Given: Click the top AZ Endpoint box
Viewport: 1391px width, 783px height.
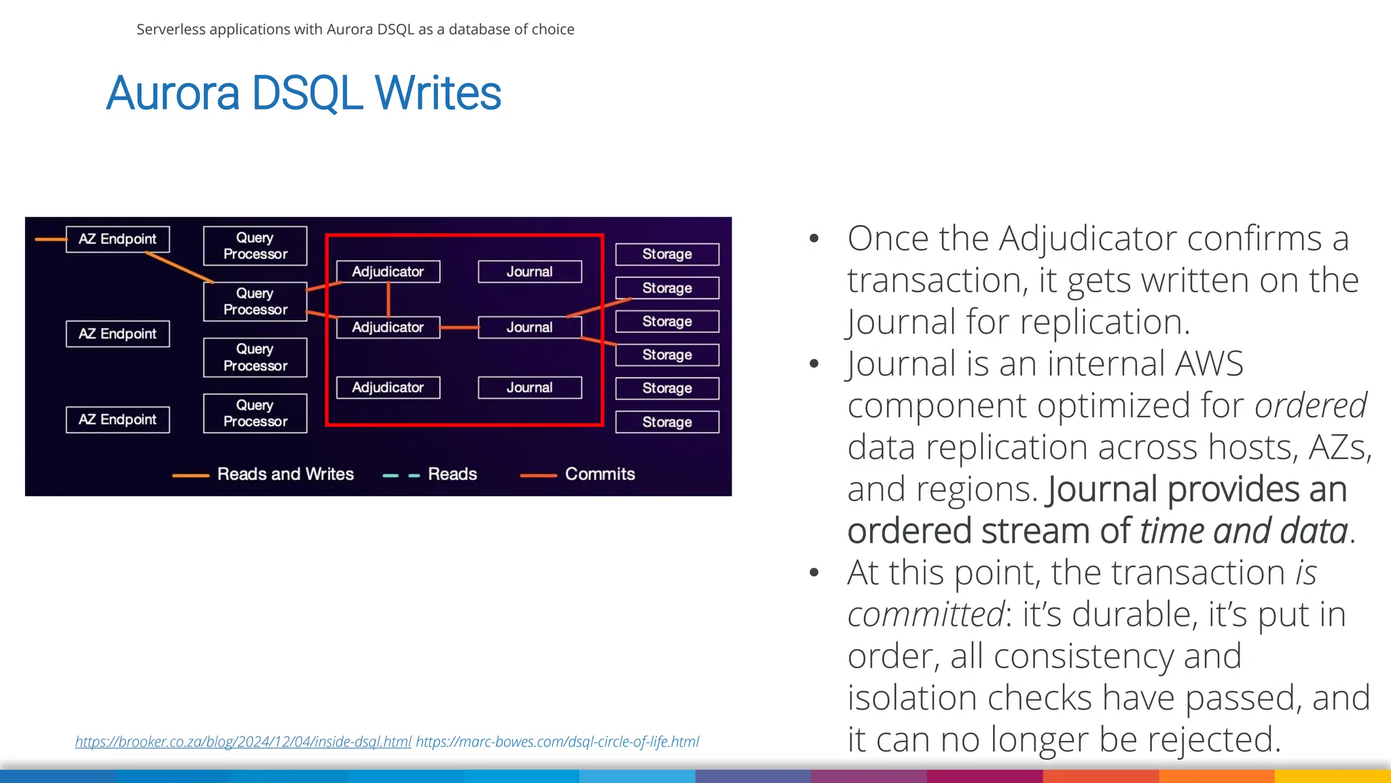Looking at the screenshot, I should (x=118, y=239).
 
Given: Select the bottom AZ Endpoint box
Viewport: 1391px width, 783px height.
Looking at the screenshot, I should (x=118, y=419).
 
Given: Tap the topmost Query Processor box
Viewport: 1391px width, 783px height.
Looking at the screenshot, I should (x=255, y=245).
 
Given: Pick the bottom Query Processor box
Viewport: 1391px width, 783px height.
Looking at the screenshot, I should (x=255, y=413).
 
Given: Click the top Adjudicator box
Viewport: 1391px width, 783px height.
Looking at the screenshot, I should (x=388, y=272).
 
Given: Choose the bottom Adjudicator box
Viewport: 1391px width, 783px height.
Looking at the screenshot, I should (x=388, y=387).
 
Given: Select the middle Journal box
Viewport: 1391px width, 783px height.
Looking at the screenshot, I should (x=529, y=328).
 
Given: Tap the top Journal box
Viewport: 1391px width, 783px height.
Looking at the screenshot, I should (x=529, y=272).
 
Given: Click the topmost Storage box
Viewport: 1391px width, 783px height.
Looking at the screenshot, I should (x=667, y=254).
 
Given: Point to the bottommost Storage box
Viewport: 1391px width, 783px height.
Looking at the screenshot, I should (x=667, y=422).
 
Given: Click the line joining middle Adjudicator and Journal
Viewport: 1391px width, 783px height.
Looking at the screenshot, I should (x=459, y=328).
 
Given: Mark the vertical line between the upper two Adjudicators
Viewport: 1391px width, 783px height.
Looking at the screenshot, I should (x=389, y=299).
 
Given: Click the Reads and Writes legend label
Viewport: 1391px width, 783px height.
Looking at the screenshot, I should (x=285, y=474).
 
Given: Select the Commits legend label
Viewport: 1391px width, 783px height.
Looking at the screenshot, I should (x=600, y=474).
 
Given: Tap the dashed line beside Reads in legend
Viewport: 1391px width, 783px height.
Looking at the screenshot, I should (x=401, y=476).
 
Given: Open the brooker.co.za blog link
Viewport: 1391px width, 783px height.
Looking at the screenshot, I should (x=243, y=742).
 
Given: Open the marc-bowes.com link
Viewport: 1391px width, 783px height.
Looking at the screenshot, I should (x=557, y=742).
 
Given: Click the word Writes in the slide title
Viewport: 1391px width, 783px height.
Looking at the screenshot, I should (x=437, y=93).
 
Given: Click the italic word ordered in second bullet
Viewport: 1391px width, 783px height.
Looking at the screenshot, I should (x=1310, y=406).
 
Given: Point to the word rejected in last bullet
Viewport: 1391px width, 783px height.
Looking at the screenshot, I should (x=1209, y=739).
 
